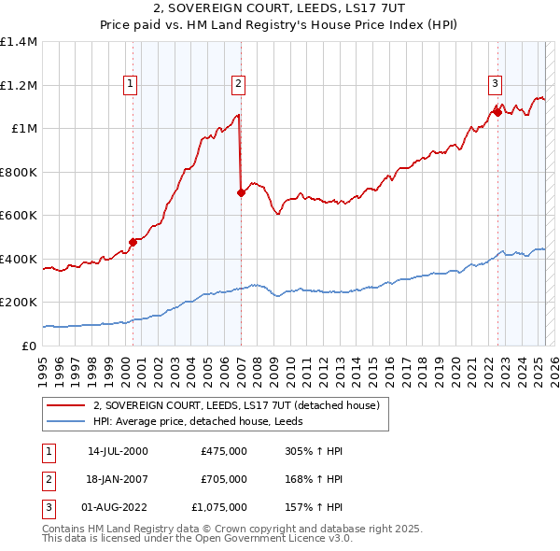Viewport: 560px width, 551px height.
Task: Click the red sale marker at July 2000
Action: click(133, 242)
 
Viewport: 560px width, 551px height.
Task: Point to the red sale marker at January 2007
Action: click(241, 192)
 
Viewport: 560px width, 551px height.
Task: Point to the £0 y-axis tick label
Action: click(30, 346)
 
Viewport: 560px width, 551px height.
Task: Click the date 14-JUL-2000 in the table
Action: click(118, 451)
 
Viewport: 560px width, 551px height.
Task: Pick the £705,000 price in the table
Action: click(224, 479)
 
